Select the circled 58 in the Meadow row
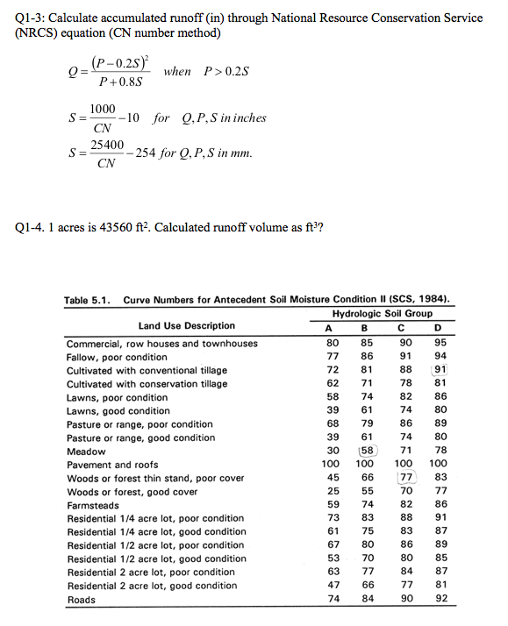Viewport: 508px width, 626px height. click(368, 451)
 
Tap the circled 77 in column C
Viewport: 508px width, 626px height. click(405, 478)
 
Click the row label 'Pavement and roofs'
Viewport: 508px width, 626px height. click(112, 465)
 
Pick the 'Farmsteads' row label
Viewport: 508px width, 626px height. click(94, 505)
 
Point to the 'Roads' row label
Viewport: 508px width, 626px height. click(82, 600)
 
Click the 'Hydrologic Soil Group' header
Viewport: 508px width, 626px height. click(382, 314)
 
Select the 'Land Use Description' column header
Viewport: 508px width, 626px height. click(186, 326)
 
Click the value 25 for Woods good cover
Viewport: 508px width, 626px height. click(332, 492)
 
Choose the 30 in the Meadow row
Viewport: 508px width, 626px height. click(332, 451)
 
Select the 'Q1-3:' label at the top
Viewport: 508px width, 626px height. click(33, 18)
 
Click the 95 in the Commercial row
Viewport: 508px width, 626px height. click(440, 343)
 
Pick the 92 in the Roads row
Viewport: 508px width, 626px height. click(440, 600)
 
